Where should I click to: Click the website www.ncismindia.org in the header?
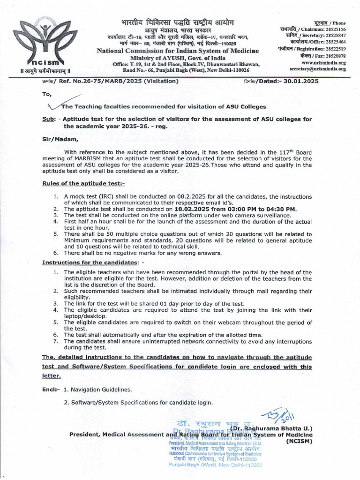click(323, 62)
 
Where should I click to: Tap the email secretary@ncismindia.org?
click(317, 69)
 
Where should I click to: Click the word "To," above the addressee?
click(46, 94)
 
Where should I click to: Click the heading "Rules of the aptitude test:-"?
click(83, 183)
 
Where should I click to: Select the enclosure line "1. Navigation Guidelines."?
click(97, 390)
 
